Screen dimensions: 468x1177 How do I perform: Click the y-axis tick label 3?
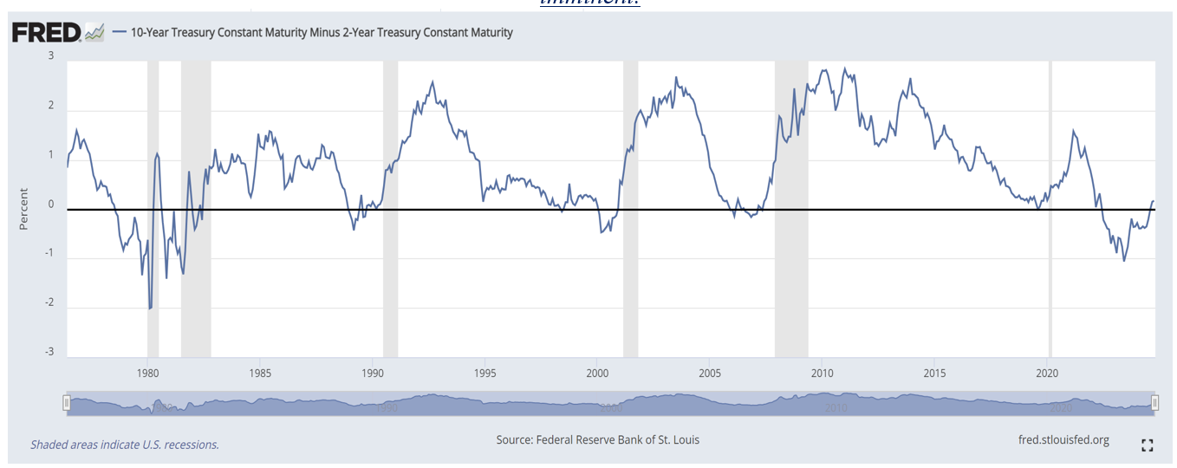click(x=51, y=56)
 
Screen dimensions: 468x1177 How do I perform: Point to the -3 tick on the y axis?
click(x=49, y=352)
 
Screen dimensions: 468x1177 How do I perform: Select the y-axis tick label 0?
click(x=51, y=205)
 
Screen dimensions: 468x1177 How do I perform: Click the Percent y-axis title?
click(x=24, y=209)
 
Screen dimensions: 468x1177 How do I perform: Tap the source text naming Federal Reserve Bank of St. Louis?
click(x=597, y=439)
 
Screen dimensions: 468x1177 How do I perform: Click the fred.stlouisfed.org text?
click(x=1063, y=439)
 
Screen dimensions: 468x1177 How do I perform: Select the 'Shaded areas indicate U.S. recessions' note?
click(x=125, y=445)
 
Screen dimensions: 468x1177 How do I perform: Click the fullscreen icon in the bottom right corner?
click(x=1148, y=445)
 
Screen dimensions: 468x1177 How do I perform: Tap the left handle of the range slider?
click(x=66, y=402)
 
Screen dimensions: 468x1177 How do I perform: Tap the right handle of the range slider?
click(x=1154, y=402)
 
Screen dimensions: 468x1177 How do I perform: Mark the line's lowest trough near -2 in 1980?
click(x=150, y=308)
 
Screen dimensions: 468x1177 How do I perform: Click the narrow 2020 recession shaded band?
click(x=1050, y=208)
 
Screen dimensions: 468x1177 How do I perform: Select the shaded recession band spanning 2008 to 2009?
click(x=791, y=208)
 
